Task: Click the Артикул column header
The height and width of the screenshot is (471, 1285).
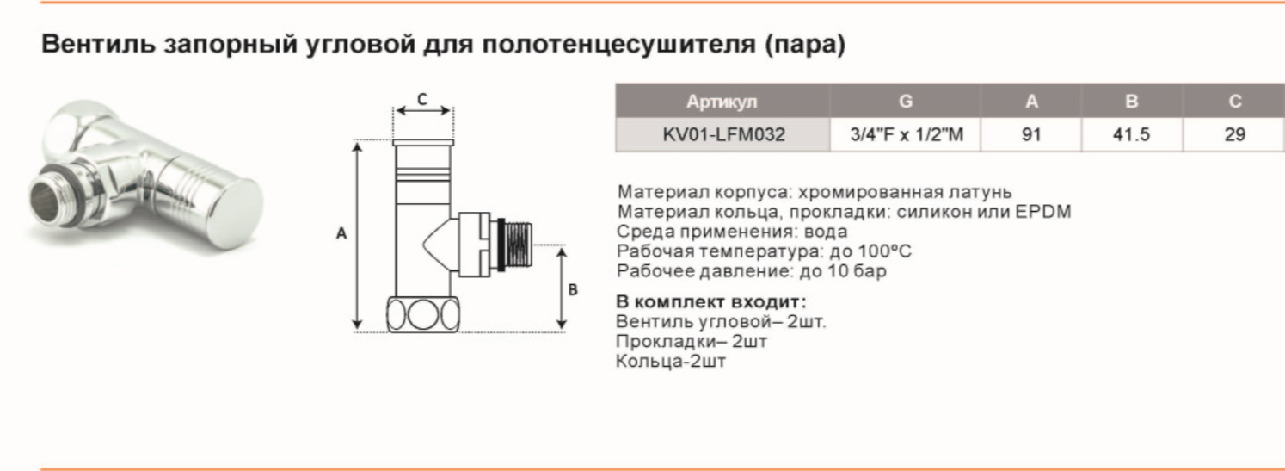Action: click(722, 102)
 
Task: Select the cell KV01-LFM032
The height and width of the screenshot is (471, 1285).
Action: click(723, 134)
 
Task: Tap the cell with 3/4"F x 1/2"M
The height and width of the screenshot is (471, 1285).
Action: click(906, 134)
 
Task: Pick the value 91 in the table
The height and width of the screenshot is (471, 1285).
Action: click(1031, 134)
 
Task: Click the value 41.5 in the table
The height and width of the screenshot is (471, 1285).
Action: click(1132, 134)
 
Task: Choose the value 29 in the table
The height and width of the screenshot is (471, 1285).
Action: click(1234, 134)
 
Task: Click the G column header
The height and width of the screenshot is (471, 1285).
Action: click(906, 102)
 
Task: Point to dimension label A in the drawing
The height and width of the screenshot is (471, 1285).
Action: click(341, 233)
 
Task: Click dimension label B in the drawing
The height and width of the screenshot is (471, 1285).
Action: click(573, 289)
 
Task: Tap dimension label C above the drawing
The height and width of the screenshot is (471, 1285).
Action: click(421, 99)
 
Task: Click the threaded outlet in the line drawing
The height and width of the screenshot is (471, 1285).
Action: click(520, 249)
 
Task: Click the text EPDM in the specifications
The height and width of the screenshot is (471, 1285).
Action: click(1045, 212)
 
